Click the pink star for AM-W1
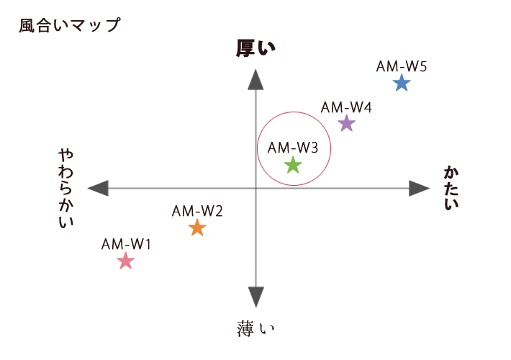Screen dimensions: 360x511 [x=126, y=261]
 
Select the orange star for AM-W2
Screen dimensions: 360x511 [x=197, y=228]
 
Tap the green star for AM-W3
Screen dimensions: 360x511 [x=293, y=166]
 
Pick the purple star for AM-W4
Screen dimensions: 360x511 [x=346, y=124]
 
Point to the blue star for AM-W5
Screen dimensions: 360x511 [x=402, y=84]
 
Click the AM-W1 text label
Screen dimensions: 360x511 [x=126, y=243]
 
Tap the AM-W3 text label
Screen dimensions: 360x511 [x=293, y=148]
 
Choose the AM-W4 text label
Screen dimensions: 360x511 [x=346, y=107]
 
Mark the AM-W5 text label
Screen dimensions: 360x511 [x=402, y=66]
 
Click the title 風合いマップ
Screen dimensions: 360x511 [x=70, y=25]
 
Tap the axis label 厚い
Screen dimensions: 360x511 [x=256, y=48]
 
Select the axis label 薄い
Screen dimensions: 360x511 [x=256, y=329]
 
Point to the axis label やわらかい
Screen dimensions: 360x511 [x=66, y=189]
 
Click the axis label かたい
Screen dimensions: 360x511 [x=451, y=189]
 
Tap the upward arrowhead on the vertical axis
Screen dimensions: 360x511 [x=256, y=80]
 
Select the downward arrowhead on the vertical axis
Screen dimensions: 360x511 [x=256, y=297]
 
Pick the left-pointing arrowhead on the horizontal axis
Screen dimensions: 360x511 [x=98, y=189]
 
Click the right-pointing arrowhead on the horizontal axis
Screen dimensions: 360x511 [x=419, y=189]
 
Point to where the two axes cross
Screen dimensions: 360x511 [x=256, y=189]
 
